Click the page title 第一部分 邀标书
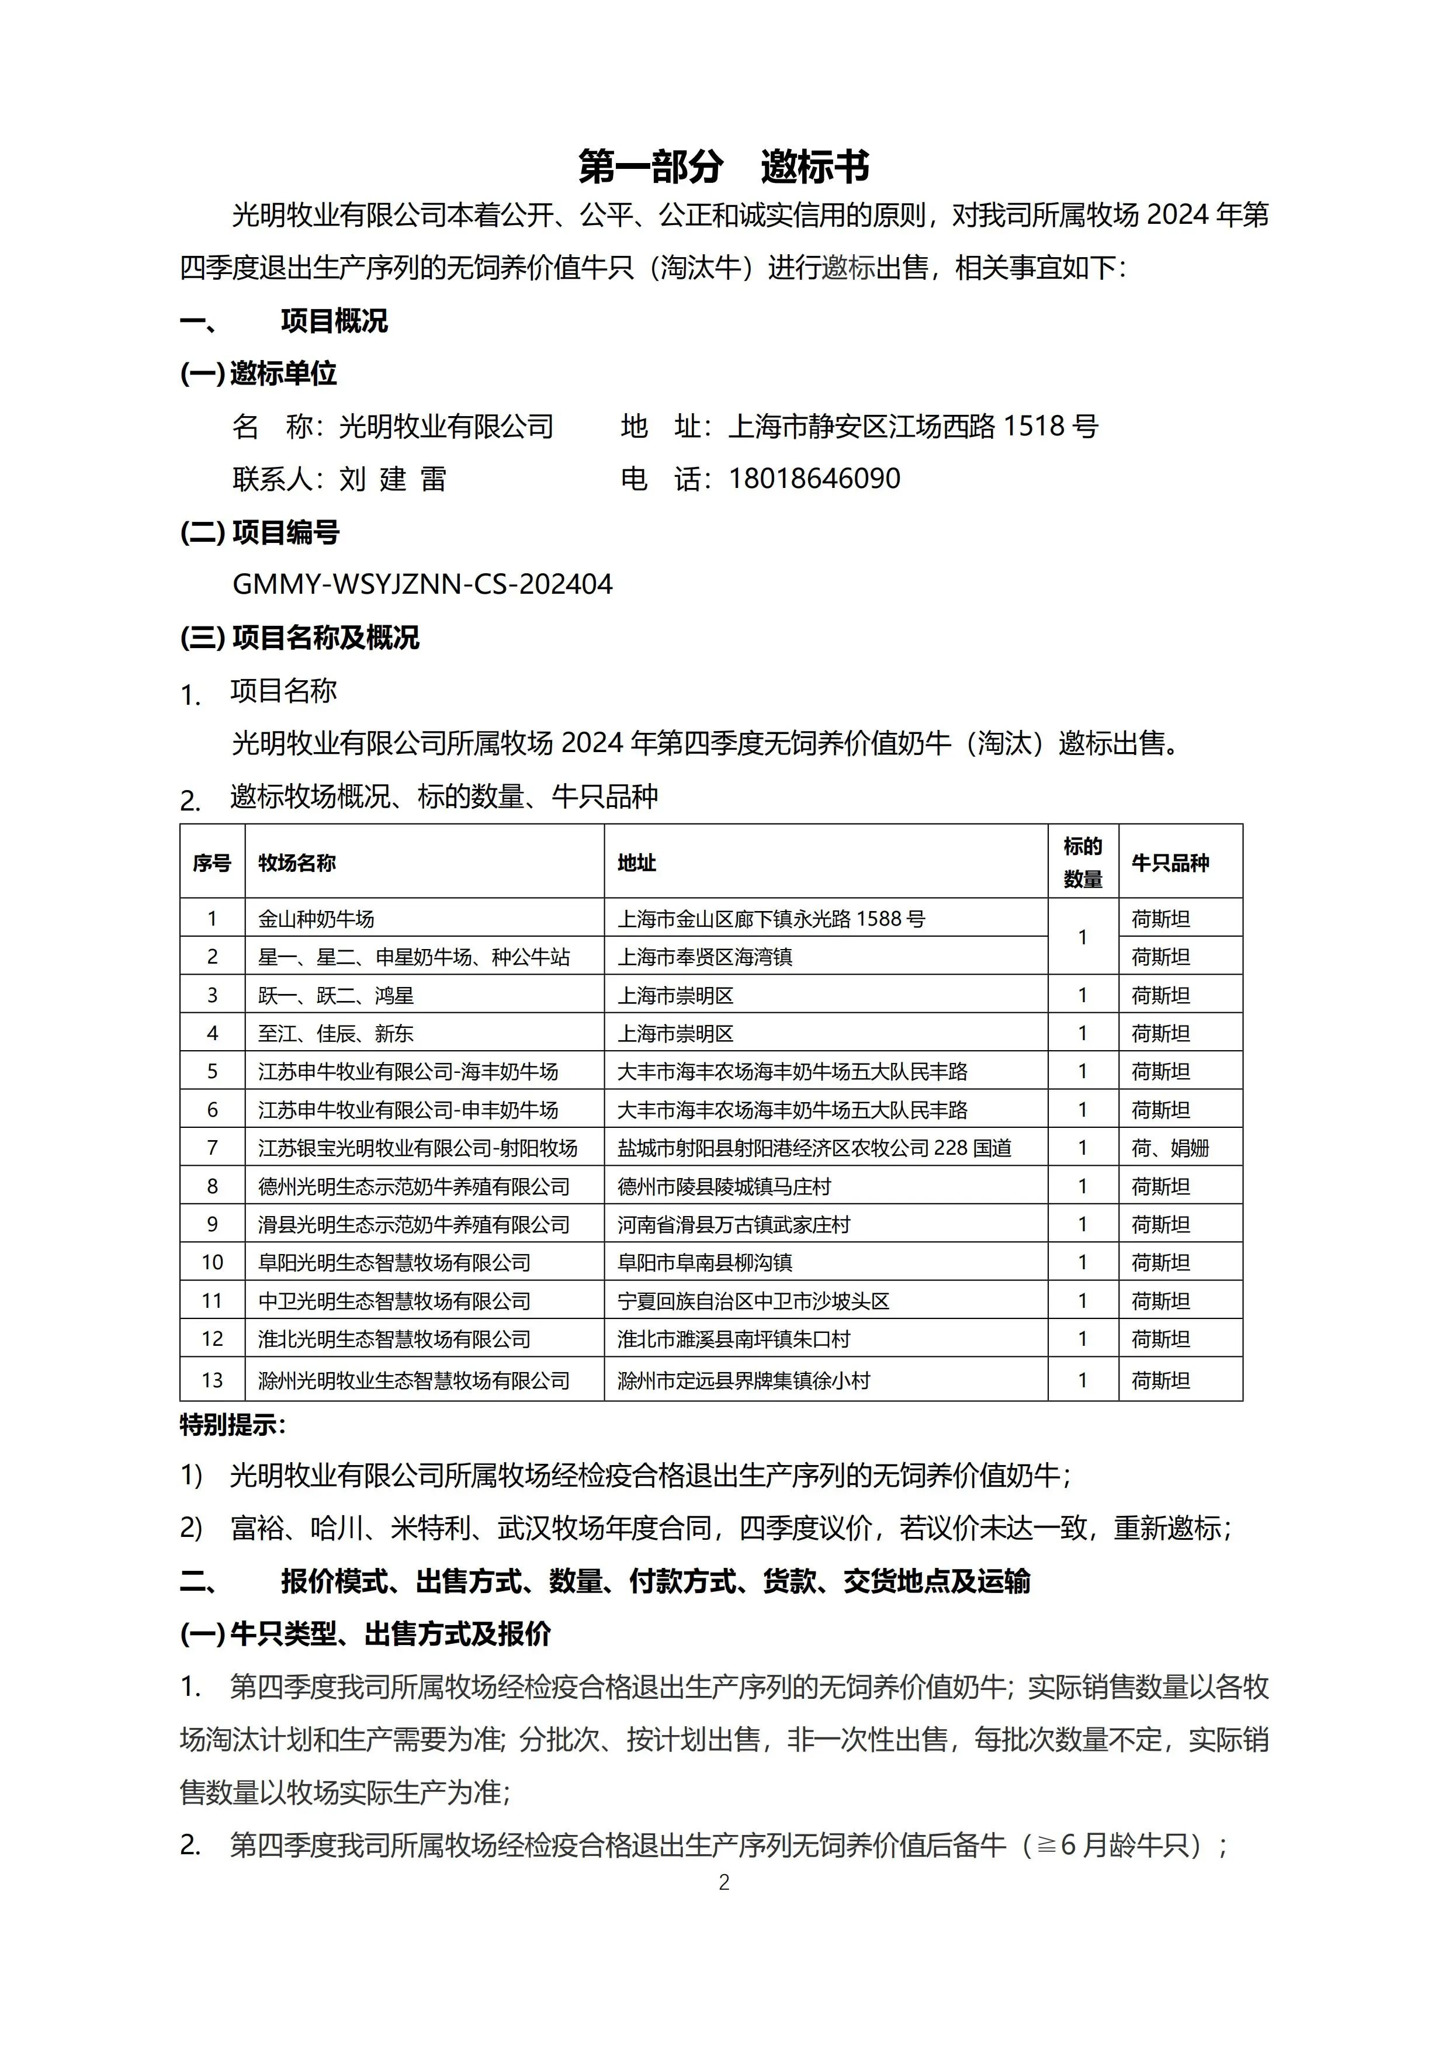coord(723,166)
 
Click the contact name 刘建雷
coord(392,479)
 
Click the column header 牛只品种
coord(1170,863)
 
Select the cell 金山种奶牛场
coord(316,919)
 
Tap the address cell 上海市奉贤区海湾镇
coord(705,957)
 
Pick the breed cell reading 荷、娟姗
coord(1170,1148)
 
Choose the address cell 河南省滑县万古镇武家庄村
coord(733,1225)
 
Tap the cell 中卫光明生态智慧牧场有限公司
coord(394,1301)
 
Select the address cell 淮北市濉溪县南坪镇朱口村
coord(733,1339)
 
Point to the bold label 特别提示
coord(232,1425)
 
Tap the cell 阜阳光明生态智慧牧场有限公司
coord(394,1262)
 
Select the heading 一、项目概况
coord(284,321)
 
